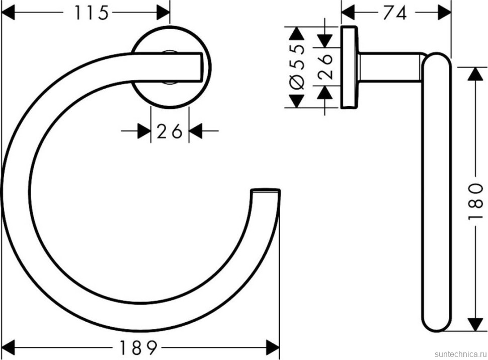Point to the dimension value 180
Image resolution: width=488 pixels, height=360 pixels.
[476, 201]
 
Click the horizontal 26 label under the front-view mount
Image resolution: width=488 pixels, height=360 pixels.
[170, 132]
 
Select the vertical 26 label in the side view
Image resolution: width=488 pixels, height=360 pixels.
[326, 65]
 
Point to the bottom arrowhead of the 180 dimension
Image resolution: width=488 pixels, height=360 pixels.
[475, 324]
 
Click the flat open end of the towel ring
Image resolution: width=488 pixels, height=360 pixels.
[265, 191]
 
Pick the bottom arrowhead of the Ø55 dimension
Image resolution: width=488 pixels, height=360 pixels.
[297, 100]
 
